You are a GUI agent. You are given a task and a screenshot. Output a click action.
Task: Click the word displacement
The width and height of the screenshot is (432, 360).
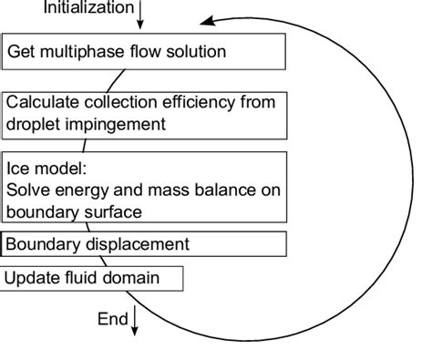pyautogui.click(x=129, y=244)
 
